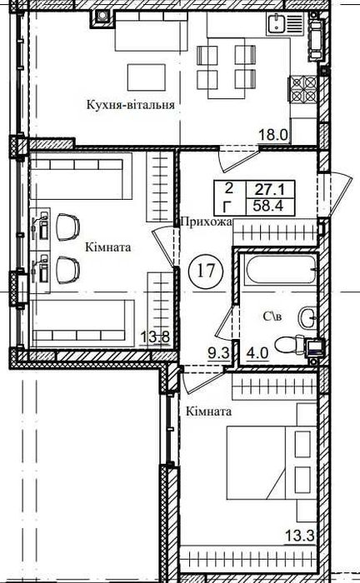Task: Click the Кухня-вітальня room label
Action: (x=131, y=104)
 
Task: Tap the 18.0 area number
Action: (x=273, y=135)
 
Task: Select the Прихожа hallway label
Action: (x=206, y=222)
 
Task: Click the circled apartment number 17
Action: (x=206, y=271)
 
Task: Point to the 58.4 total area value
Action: (x=268, y=205)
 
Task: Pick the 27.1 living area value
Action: (x=269, y=191)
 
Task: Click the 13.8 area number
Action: (x=155, y=338)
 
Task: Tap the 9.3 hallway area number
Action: (x=218, y=353)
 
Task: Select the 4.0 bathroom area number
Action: (x=258, y=353)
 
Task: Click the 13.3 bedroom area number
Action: (x=300, y=536)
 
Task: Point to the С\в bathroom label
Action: (x=272, y=316)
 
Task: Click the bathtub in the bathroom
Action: (x=281, y=270)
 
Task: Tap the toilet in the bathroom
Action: (x=294, y=346)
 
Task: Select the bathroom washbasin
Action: (x=307, y=317)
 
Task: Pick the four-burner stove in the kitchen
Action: (x=303, y=89)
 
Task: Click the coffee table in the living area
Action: (x=147, y=77)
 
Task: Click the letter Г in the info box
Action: (x=229, y=206)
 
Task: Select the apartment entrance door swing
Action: (x=335, y=195)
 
